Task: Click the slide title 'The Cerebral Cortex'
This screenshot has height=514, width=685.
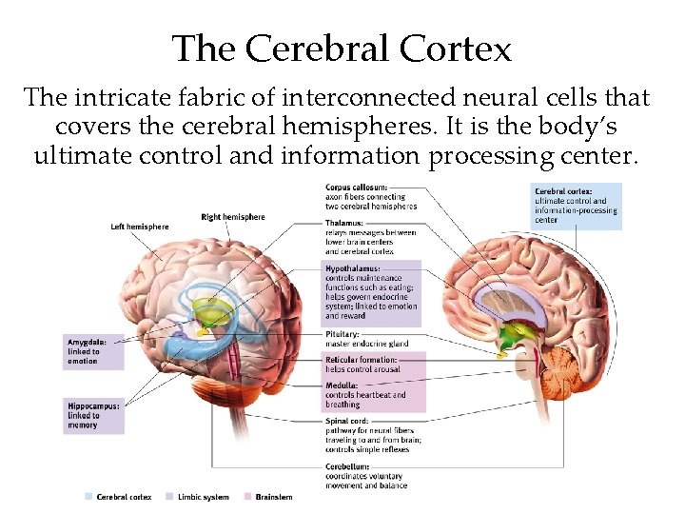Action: coord(342,48)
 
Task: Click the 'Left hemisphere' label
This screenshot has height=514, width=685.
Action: coord(140,227)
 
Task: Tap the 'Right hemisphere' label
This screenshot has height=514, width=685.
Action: coord(233,217)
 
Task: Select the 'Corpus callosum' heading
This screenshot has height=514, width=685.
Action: coord(358,187)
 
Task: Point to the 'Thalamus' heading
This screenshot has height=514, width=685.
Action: coord(344,224)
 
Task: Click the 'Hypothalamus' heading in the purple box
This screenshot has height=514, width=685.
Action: coord(353,269)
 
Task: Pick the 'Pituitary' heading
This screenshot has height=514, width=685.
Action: coord(342,334)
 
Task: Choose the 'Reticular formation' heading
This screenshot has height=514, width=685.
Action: coord(362,360)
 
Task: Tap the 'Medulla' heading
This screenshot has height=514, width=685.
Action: coord(342,385)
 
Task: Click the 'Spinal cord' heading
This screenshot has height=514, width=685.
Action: coord(347,421)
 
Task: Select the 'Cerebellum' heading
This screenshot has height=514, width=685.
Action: coord(347,466)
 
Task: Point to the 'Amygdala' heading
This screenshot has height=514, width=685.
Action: coord(87,342)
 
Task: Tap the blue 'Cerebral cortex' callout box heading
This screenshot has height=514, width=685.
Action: coord(562,190)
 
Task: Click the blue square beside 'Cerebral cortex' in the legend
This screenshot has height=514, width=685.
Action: coord(88,497)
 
